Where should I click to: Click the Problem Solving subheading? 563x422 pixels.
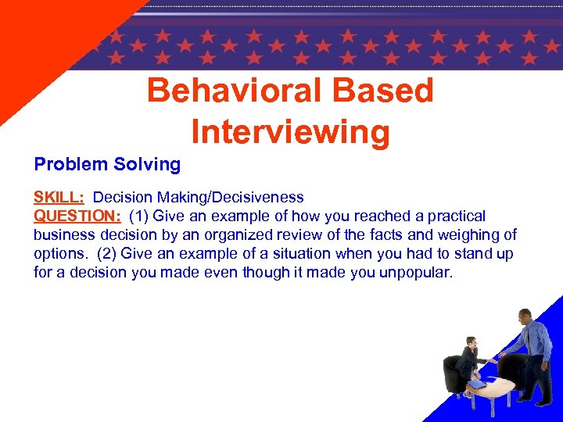click(107, 164)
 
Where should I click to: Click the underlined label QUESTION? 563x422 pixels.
click(77, 216)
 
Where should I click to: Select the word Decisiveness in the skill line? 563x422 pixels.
click(258, 197)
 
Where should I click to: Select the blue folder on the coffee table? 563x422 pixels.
click(479, 383)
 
